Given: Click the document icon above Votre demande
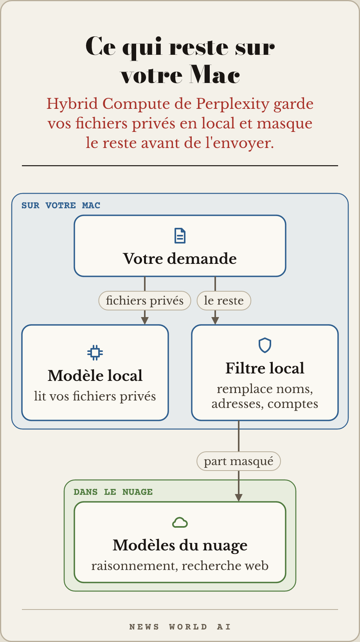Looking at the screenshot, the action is click(x=180, y=236).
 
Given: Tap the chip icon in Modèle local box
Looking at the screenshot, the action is click(x=95, y=353).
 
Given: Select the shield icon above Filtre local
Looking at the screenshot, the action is click(x=265, y=345).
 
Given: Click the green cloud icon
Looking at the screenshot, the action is click(x=180, y=523).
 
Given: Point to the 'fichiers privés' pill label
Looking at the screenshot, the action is click(x=145, y=301).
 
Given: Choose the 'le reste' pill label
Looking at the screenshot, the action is click(x=224, y=301).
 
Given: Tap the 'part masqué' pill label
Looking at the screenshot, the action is click(x=239, y=461).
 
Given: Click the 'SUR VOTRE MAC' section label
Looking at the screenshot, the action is click(x=61, y=206).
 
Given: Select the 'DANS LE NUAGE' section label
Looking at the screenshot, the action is click(x=113, y=492).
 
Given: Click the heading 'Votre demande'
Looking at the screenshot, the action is click(x=180, y=258).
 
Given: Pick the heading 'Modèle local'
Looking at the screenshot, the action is click(x=95, y=375).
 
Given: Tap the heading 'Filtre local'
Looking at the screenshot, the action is click(x=265, y=368).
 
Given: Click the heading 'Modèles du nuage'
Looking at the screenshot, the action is click(x=180, y=545).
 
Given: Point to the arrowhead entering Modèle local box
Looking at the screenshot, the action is click(x=145, y=321).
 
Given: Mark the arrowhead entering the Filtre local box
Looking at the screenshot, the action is click(x=215, y=321).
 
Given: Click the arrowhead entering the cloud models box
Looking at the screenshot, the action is click(x=239, y=498).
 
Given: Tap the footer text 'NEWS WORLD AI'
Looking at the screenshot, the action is click(x=180, y=627).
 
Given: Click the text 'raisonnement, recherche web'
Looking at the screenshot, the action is click(x=180, y=566).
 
